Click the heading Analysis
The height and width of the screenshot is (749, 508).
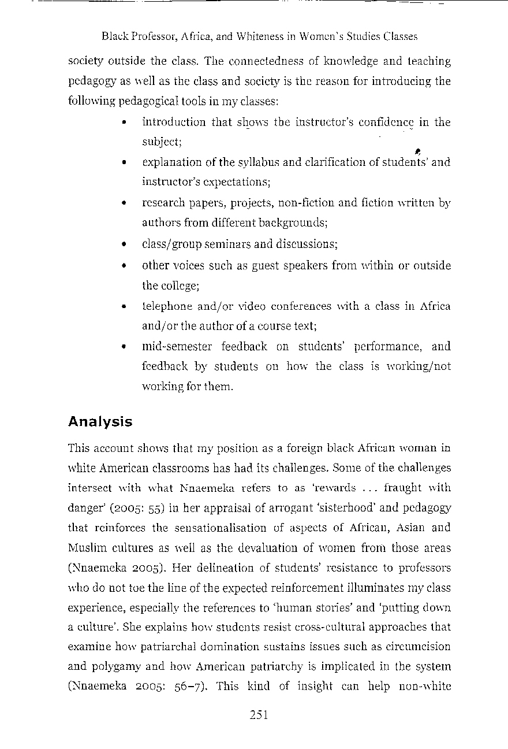coord(100,422)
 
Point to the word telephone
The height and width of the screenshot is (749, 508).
coord(166,306)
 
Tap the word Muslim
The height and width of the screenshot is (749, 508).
coord(85,548)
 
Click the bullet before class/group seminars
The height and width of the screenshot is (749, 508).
coord(125,244)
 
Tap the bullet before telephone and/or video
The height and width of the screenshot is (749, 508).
coord(125,306)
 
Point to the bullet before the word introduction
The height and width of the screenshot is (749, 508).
coord(125,123)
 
